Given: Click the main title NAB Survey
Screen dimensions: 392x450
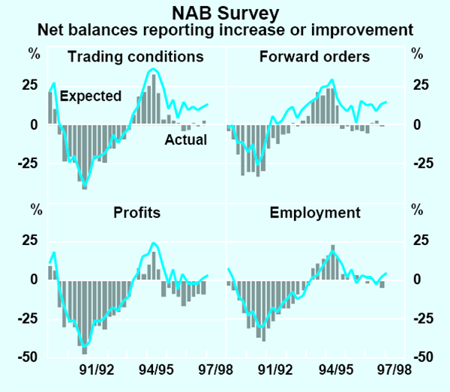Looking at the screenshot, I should click(225, 13).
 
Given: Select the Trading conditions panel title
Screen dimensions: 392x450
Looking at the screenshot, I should click(135, 56).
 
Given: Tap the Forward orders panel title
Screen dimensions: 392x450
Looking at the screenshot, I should click(314, 56).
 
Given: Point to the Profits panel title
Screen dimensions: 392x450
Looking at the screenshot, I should click(136, 212).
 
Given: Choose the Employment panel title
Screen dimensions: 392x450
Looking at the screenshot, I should click(315, 212).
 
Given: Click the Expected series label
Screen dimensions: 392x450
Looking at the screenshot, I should click(90, 96).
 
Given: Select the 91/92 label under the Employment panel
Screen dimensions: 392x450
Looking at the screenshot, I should click(275, 369).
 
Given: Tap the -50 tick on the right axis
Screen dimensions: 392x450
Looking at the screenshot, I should click(421, 358).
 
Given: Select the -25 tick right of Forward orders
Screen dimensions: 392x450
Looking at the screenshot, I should click(421, 163).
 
